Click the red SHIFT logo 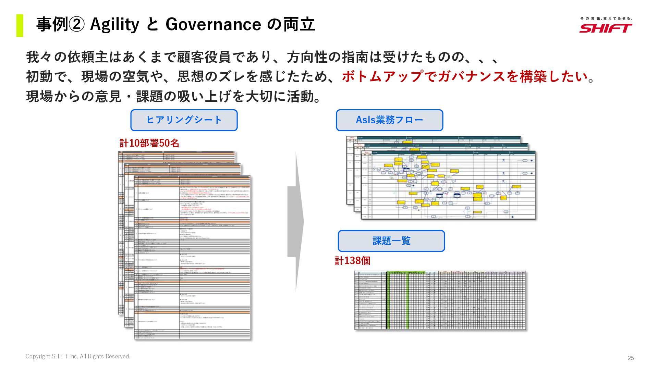606,28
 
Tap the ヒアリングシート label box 184,120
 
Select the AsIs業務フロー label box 389,120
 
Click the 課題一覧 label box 391,241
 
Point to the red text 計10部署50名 149,143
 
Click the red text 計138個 352,261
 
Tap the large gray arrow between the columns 295,222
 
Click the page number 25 631,358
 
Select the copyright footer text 78,356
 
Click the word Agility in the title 114,25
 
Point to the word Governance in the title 213,25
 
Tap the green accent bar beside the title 20,25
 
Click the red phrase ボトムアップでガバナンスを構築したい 464,76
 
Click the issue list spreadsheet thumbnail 440,300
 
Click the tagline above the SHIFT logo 606,18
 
